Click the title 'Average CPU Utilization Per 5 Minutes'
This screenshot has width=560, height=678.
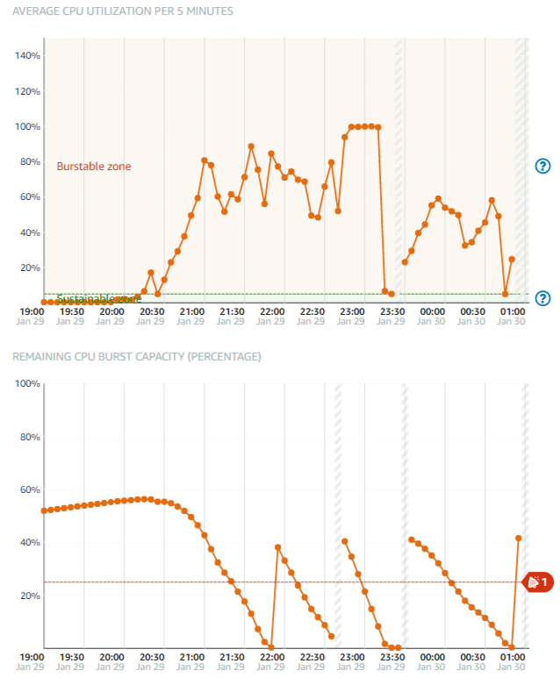[122, 11]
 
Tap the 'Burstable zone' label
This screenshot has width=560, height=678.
[94, 166]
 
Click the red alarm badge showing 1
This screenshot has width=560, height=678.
[538, 582]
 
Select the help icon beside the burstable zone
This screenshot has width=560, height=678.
[542, 166]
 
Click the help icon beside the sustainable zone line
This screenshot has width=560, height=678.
[542, 298]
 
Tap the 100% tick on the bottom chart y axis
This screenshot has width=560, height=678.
[27, 384]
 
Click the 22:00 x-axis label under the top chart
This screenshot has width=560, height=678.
[272, 310]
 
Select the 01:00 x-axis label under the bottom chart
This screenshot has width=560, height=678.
[512, 656]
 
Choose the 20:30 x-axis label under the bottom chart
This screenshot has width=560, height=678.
[151, 656]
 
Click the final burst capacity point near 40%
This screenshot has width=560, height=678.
[519, 538]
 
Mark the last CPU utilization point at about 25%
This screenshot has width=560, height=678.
[512, 259]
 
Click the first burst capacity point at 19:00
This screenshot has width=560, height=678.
[44, 510]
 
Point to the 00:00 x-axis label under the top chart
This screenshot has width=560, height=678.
[432, 310]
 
